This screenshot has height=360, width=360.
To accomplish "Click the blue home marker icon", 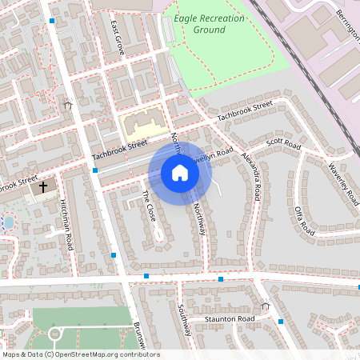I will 180,173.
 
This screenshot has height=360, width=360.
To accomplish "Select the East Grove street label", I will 118,37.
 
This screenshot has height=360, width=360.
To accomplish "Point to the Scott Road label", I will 282,143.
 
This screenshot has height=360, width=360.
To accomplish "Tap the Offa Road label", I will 303,216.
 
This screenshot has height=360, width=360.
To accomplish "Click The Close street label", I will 150,206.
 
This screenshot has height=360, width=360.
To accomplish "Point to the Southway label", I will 183,319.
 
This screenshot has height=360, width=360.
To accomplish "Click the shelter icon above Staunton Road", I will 265,305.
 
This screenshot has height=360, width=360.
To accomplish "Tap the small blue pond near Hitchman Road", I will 8,221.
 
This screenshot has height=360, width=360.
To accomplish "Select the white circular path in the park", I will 55,334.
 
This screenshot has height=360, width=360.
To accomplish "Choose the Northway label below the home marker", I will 200,219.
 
